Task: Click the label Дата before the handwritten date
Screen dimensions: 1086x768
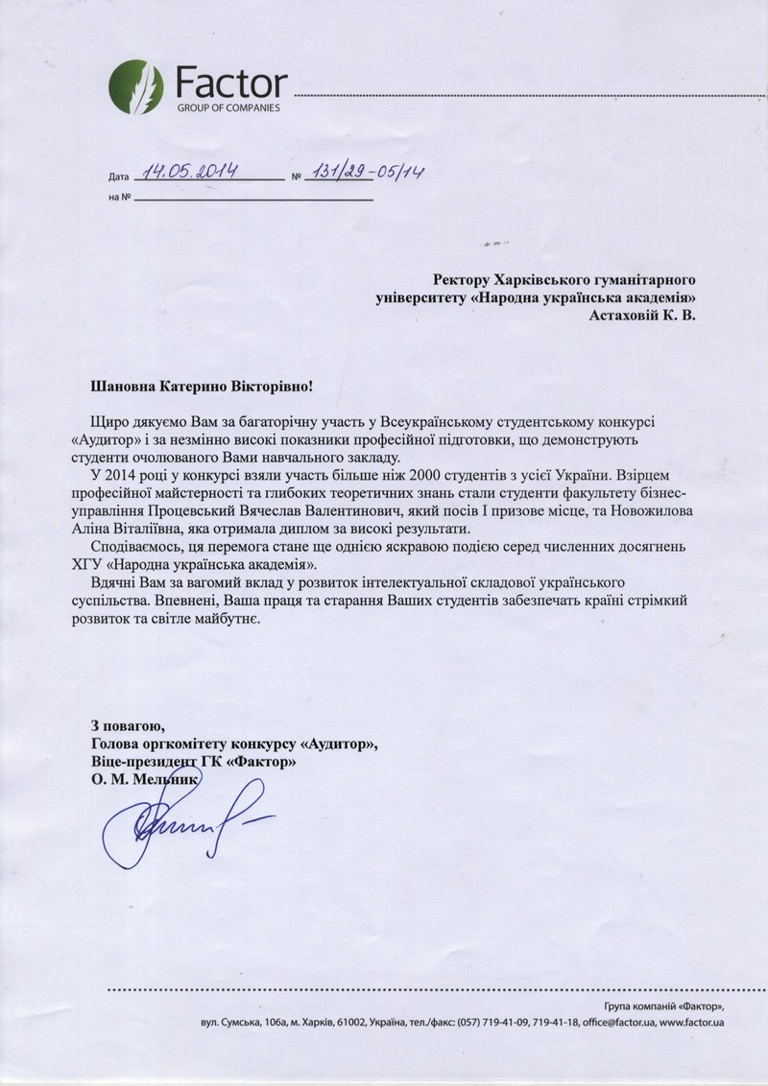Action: coord(118,177)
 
